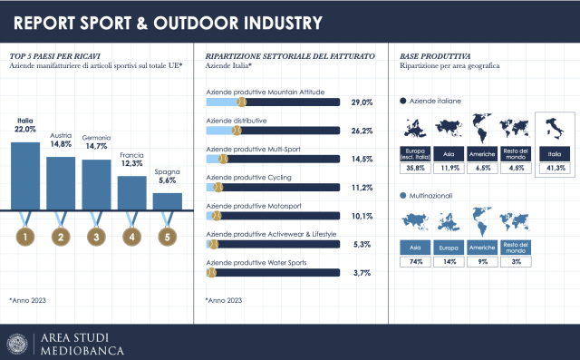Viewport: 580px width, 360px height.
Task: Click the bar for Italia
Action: point(25,176)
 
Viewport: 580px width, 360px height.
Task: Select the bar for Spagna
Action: point(167,201)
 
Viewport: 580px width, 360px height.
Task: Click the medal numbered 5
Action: point(167,238)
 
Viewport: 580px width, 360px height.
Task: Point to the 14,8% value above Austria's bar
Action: point(61,143)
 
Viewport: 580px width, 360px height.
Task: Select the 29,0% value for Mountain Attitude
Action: point(362,103)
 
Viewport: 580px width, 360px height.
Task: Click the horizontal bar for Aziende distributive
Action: point(272,131)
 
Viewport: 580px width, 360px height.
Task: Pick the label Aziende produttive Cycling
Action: point(249,177)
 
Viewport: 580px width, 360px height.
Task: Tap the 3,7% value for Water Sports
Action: point(362,272)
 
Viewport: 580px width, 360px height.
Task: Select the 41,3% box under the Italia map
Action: point(554,168)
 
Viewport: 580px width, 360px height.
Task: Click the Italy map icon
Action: point(554,133)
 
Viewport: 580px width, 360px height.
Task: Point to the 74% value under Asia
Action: point(416,261)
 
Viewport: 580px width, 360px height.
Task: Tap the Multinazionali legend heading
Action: point(433,195)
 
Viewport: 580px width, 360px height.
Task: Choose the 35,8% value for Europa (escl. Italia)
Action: point(416,168)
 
